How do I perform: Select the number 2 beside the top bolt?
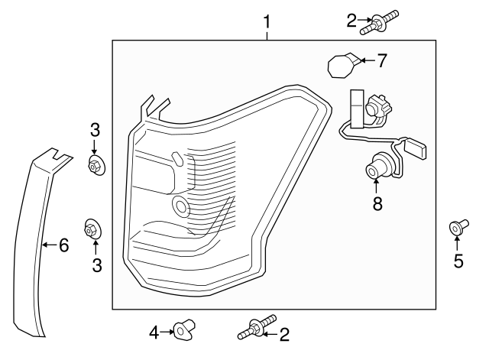pos(351,21)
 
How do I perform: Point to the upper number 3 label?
pos(95,128)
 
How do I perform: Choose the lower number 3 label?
pos(96,265)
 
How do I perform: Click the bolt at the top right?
pos(381,22)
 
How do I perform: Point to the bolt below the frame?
pos(257,329)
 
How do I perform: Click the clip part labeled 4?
pos(182,330)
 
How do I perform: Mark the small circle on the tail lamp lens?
pos(182,204)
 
